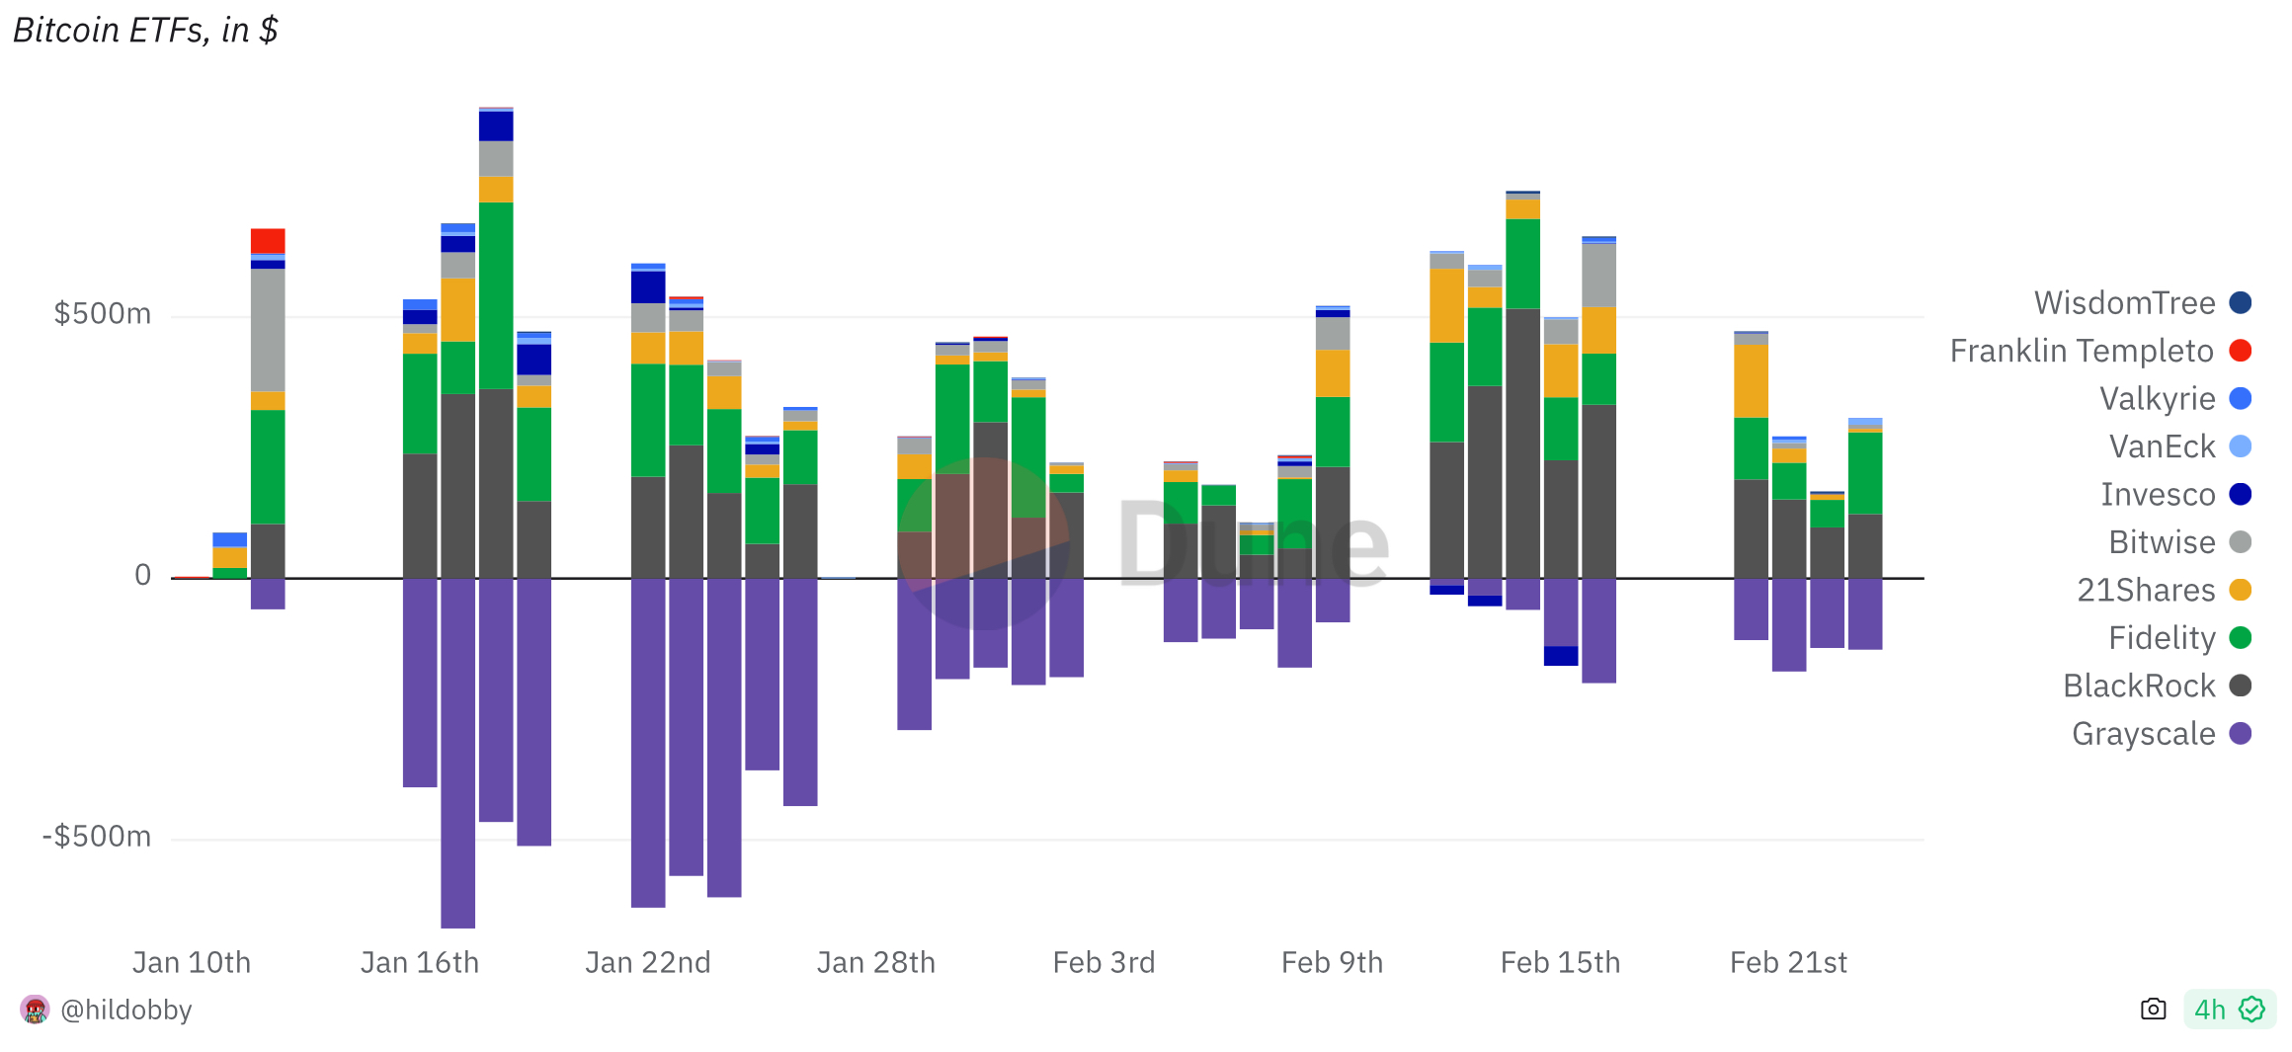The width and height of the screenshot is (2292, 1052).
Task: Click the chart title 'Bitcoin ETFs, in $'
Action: point(145,31)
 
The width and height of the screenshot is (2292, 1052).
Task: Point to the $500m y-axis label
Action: point(103,314)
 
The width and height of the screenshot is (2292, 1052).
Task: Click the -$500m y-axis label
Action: point(97,837)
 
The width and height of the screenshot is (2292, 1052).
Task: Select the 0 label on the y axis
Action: point(143,575)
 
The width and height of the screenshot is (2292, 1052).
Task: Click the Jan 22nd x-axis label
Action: point(648,962)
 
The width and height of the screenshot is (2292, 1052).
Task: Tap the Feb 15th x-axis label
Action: point(1560,962)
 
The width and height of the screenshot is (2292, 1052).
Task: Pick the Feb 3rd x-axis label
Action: point(1104,962)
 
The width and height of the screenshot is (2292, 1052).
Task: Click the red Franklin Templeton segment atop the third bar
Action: point(268,241)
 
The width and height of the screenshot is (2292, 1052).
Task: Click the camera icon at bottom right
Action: point(2154,1009)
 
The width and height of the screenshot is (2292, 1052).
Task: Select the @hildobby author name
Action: point(125,1010)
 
